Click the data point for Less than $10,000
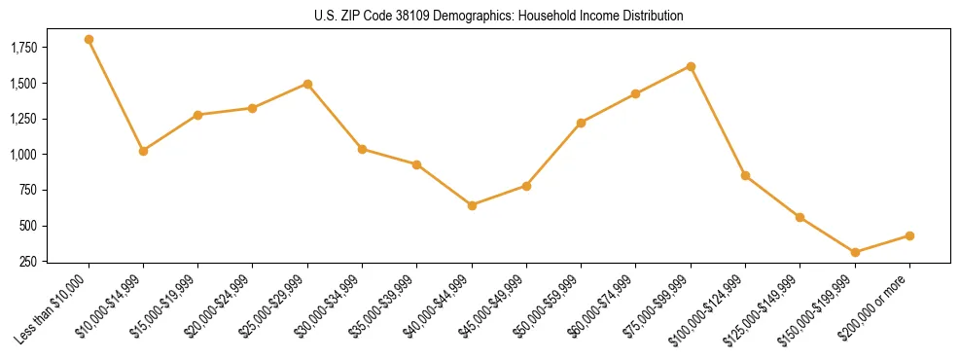pos(89,40)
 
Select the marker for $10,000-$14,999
pos(143,151)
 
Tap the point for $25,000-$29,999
pos(307,84)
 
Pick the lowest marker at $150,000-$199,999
pos(855,253)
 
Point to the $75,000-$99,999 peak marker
pos(691,66)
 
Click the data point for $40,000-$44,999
pos(472,205)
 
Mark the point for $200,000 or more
pos(909,235)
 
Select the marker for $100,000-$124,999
pos(745,175)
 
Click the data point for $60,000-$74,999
pos(636,93)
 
